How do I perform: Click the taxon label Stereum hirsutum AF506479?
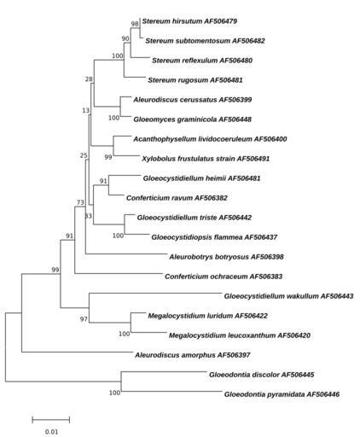[189, 21]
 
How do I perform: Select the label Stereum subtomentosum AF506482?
[205, 41]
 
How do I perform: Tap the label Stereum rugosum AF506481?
[195, 80]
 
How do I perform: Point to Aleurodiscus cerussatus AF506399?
[193, 100]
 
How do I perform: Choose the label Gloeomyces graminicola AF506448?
[193, 119]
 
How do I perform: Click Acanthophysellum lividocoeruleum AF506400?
[210, 139]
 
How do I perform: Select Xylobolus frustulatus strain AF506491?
[206, 159]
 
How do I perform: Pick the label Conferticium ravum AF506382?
[177, 198]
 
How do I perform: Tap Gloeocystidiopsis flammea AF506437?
[214, 237]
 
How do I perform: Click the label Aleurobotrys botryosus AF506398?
[226, 257]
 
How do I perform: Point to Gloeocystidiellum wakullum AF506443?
[288, 296]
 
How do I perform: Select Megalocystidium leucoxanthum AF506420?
[240, 335]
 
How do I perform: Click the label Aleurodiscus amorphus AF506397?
[193, 355]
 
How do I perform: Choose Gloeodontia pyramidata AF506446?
[282, 394]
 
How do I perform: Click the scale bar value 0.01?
[51, 431]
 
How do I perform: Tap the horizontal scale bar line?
[51, 419]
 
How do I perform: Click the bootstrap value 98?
[135, 24]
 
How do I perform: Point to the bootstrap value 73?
[80, 202]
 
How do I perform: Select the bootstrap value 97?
[84, 319]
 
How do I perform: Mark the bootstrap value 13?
[85, 110]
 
